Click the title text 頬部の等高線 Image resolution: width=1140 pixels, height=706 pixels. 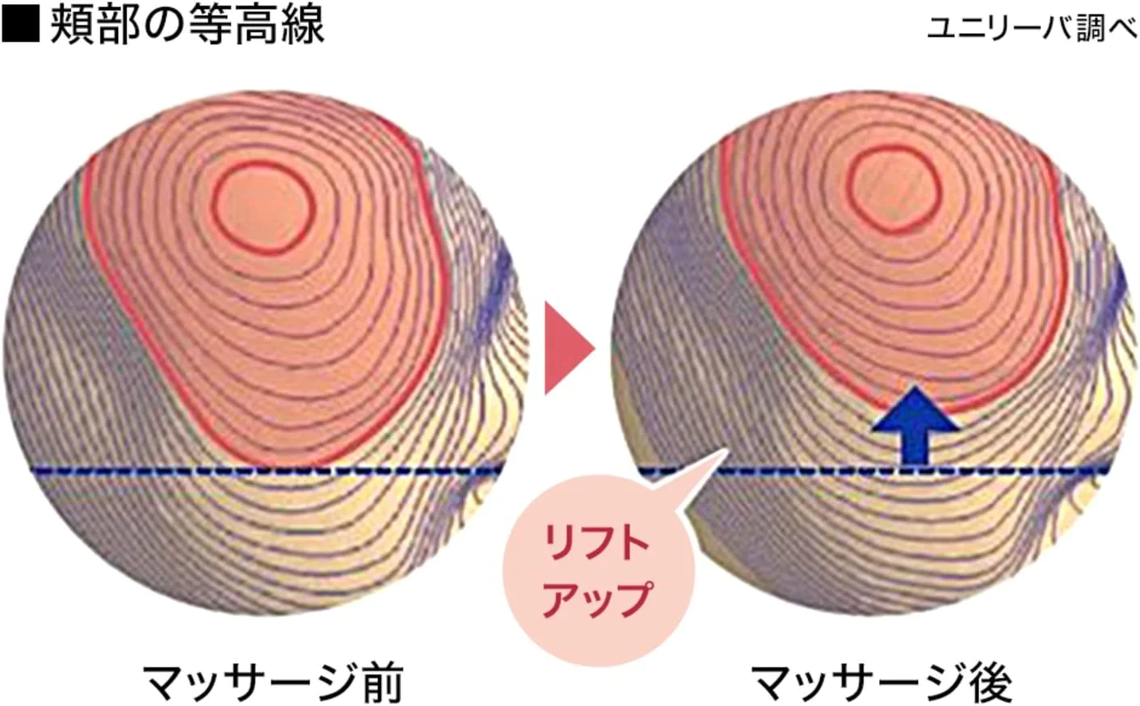point(187,24)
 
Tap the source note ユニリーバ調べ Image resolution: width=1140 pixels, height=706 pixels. point(1032,29)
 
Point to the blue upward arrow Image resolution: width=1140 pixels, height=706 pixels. point(915,426)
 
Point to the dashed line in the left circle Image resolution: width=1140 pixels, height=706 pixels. point(268,471)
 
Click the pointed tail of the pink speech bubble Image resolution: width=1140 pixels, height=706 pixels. point(726,451)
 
